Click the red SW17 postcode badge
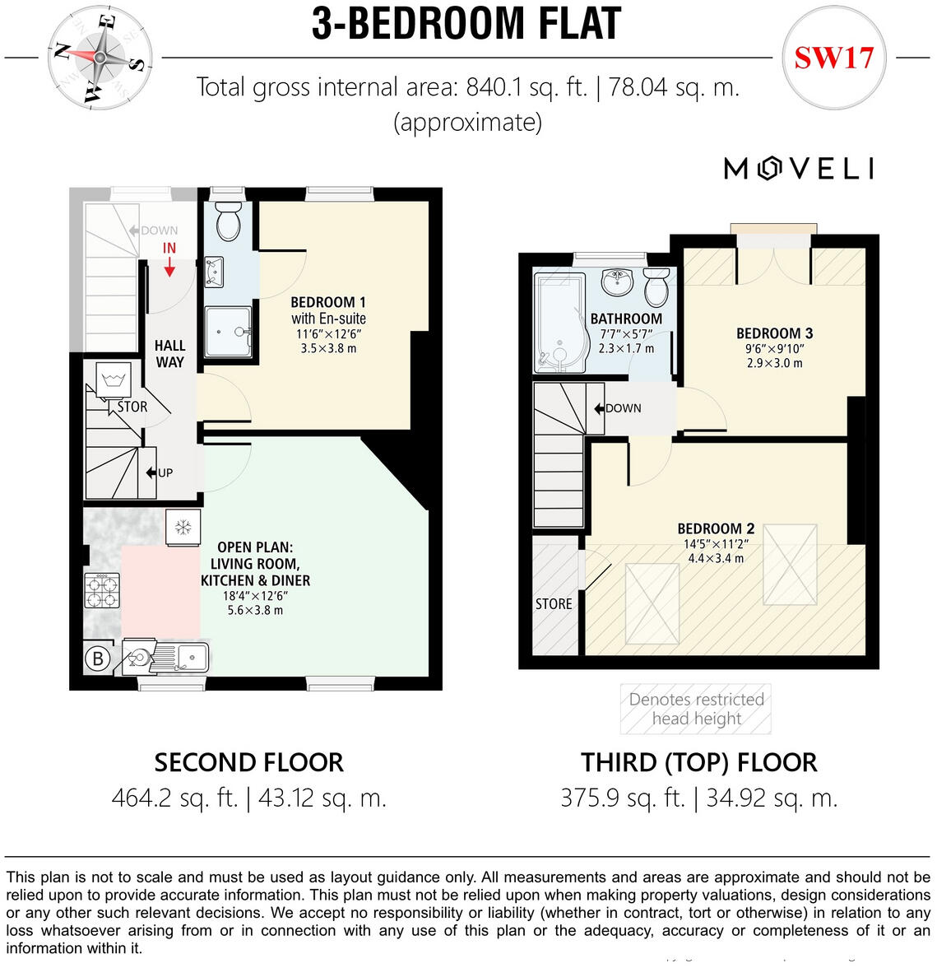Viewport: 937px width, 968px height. pyautogui.click(x=833, y=58)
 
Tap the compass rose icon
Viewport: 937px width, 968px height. pyautogui.click(x=100, y=57)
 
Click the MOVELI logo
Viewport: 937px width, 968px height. pyautogui.click(x=798, y=169)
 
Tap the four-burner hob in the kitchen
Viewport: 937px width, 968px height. pyautogui.click(x=102, y=590)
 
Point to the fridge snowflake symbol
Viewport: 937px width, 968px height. pyautogui.click(x=183, y=527)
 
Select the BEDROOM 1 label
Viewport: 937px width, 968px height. pyautogui.click(x=328, y=302)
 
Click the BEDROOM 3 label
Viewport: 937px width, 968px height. pyautogui.click(x=774, y=333)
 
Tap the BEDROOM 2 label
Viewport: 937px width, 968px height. pyautogui.click(x=716, y=528)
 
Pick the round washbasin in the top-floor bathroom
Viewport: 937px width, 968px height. pyautogui.click(x=617, y=282)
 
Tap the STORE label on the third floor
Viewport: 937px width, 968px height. pyautogui.click(x=554, y=603)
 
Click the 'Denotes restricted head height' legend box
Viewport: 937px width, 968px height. pyautogui.click(x=696, y=709)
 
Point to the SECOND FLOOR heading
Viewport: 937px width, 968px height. pyautogui.click(x=248, y=762)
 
